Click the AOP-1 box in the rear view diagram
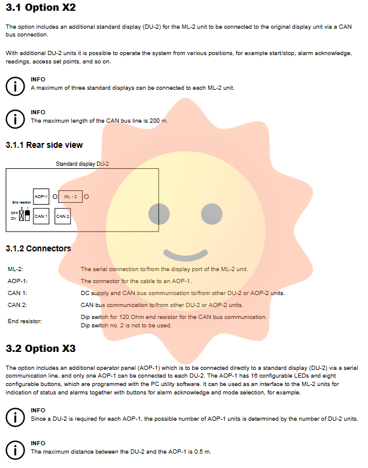tap(41, 196)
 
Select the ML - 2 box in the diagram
tap(71, 196)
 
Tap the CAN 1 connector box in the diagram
tap(41, 215)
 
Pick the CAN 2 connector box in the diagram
tap(62, 215)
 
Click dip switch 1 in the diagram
tap(27, 215)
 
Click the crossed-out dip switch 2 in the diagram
tap(22, 215)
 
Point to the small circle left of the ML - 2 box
tap(55, 196)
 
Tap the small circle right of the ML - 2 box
tap(87, 196)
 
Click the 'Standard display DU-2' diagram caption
tap(82, 163)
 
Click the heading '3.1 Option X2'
tap(41, 9)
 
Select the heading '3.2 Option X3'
tap(41, 348)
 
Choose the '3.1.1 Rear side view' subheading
tap(44, 145)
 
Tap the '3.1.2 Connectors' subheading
tap(38, 248)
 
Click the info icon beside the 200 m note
tap(14, 118)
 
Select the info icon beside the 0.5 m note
tap(14, 449)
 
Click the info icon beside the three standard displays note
tap(14, 85)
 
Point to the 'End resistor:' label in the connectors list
tap(25, 321)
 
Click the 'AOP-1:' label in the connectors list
tap(17, 281)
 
